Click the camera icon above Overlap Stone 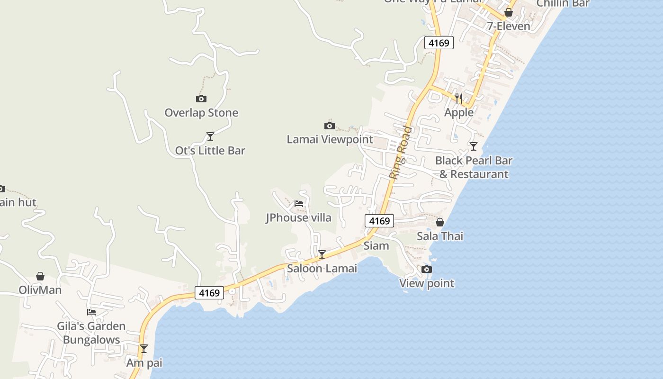[x=201, y=99]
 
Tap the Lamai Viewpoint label [x=330, y=139]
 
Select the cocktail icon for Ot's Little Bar [x=210, y=136]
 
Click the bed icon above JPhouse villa [x=299, y=204]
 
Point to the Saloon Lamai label [x=322, y=269]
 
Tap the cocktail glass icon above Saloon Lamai [x=322, y=254]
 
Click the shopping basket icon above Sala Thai [x=440, y=222]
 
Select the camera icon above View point [x=427, y=269]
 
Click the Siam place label [x=376, y=245]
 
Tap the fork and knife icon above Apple [x=458, y=98]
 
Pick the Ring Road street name [x=400, y=152]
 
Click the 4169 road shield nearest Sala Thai [x=379, y=221]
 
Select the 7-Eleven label [x=509, y=26]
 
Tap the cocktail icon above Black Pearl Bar [x=473, y=146]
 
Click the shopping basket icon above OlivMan [x=40, y=276]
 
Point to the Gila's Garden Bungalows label [x=91, y=333]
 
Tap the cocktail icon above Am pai [x=144, y=349]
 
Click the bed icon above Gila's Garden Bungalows [x=91, y=312]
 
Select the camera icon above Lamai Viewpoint [x=330, y=126]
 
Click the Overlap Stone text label [x=201, y=113]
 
